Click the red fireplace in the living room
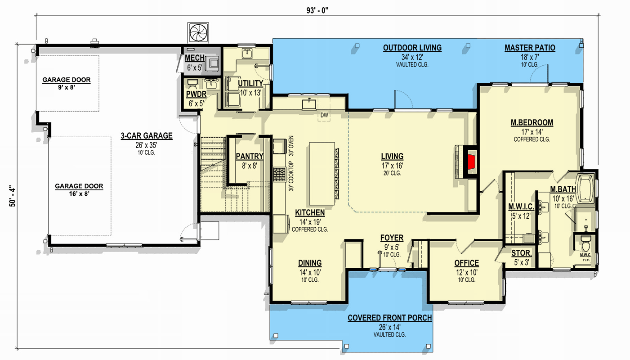click(472, 161)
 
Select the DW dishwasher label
click(324, 115)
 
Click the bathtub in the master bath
click(586, 187)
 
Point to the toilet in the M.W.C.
click(585, 245)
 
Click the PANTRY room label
click(250, 157)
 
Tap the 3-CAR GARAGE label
click(147, 136)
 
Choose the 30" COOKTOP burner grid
click(279, 173)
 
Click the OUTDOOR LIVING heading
click(412, 48)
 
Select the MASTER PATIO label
click(530, 48)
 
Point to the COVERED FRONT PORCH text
click(389, 318)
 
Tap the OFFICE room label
click(466, 263)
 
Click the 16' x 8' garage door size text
click(79, 194)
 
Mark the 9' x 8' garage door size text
click(66, 88)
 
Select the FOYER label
click(392, 238)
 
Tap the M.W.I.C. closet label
click(521, 207)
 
